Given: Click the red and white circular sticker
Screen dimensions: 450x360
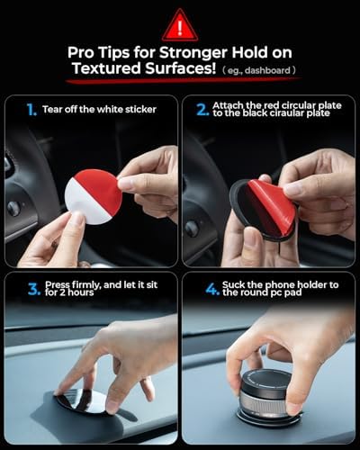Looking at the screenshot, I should pyautogui.click(x=94, y=195).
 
